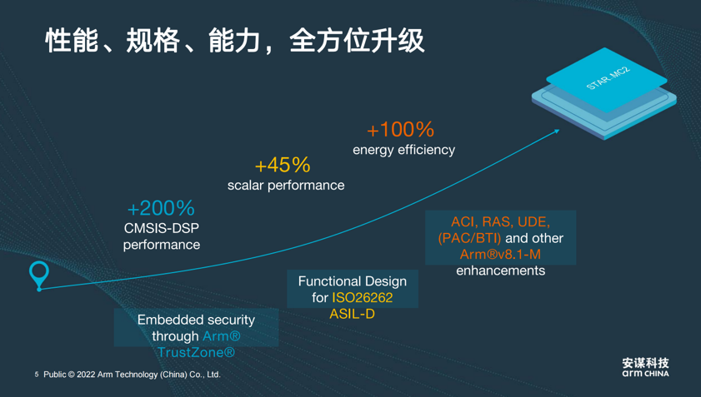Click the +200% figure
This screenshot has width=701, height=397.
[x=161, y=208]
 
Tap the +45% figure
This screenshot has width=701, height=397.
[x=283, y=166]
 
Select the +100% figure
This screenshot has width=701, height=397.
[x=400, y=130]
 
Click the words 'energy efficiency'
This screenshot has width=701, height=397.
[x=403, y=150]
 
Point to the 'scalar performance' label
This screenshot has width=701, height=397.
[x=286, y=186]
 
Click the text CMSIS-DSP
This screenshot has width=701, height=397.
[x=162, y=228]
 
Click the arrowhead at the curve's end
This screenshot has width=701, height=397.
[x=557, y=131]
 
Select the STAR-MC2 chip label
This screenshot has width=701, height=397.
[x=608, y=78]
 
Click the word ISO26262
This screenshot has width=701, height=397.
[x=362, y=298]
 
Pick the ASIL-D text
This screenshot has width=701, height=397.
[x=353, y=315]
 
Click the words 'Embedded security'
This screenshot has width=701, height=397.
[x=196, y=320]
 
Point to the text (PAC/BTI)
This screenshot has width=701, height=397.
[x=469, y=238]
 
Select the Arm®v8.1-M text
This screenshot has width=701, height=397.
[x=500, y=255]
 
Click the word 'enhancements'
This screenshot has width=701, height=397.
[x=500, y=270]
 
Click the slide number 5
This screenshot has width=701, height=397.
[x=37, y=375]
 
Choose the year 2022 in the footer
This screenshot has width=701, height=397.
[x=86, y=375]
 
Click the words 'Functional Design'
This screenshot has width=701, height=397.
[x=353, y=282]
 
